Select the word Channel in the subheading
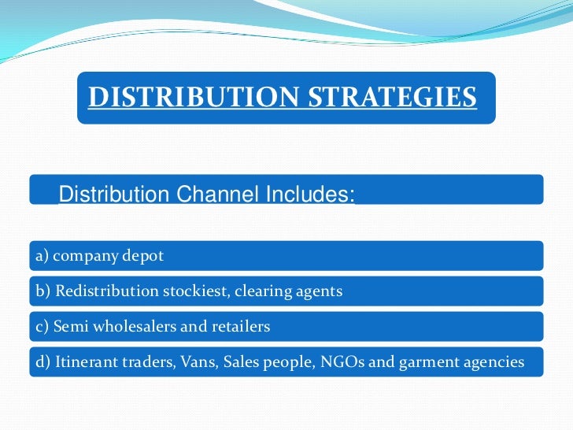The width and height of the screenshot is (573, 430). point(207,194)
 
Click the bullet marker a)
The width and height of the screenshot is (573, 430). point(41,256)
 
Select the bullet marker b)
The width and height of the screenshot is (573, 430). point(42,291)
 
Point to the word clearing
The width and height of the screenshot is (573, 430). point(259,291)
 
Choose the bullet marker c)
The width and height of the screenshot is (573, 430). point(41,326)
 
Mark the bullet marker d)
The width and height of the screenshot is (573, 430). point(42,361)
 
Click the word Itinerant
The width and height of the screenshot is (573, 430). point(83,361)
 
